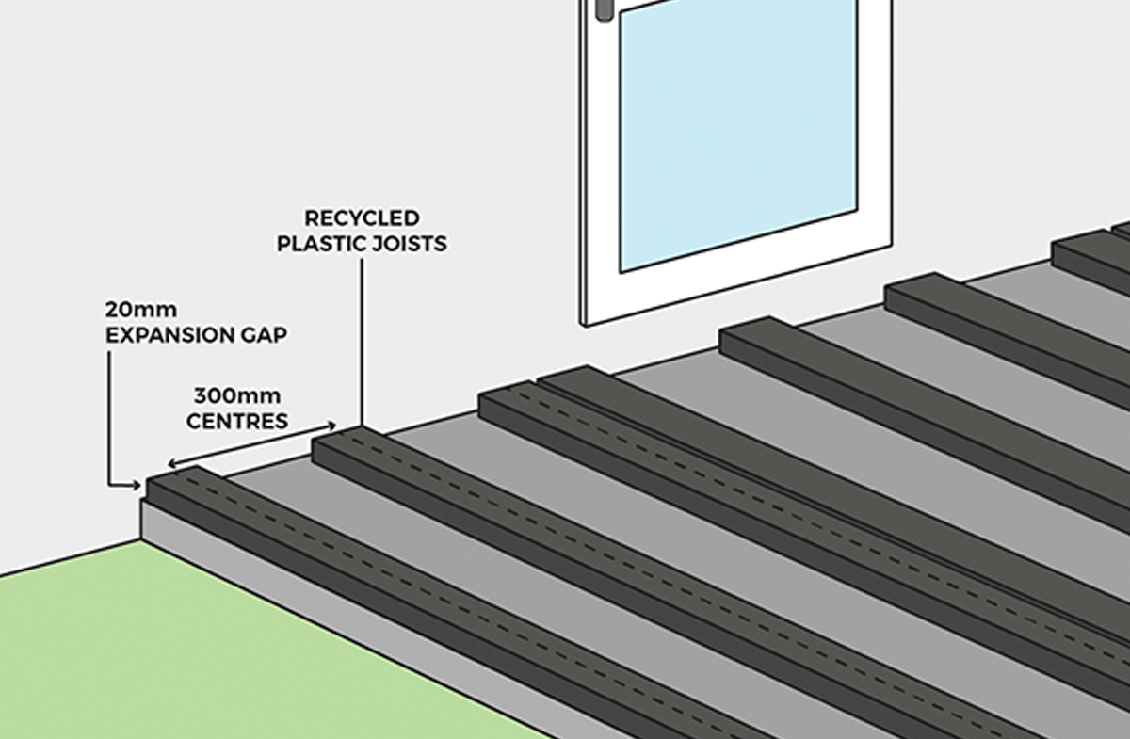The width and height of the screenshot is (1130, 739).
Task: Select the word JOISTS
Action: tap(414, 244)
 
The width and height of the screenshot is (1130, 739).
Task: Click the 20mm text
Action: tap(140, 310)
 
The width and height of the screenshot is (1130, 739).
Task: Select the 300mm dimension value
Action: tap(236, 395)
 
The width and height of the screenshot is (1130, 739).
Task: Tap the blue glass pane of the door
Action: tap(737, 132)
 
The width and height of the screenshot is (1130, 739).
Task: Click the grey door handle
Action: tap(603, 9)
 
